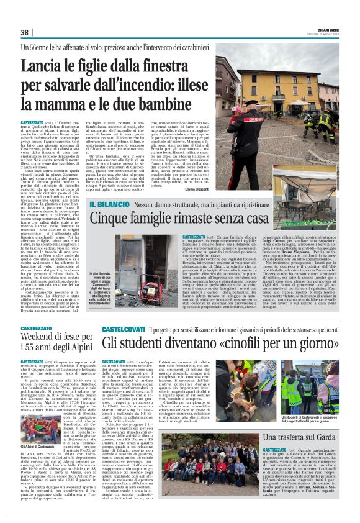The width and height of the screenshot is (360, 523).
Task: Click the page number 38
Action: point(25,32)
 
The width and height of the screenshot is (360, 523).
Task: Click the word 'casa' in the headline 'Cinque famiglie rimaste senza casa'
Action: point(250,219)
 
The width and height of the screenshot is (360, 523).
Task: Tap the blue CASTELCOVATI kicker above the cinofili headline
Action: point(124,328)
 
